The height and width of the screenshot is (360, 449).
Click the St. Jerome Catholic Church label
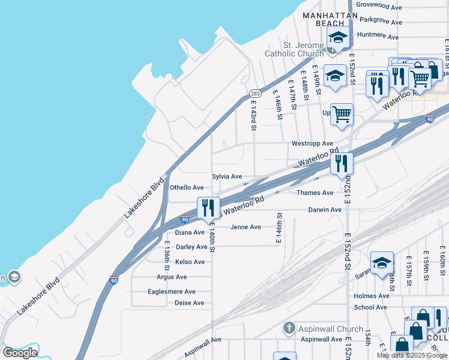(304, 49)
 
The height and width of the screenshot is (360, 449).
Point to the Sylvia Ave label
(227, 176)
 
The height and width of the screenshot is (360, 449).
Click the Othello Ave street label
(187, 188)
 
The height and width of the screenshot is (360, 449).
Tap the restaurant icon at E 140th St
(208, 208)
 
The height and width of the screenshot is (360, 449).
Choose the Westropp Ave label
(312, 143)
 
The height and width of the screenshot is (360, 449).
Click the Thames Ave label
(315, 193)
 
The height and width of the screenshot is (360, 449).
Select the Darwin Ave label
(325, 209)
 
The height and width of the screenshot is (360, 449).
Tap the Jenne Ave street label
(246, 227)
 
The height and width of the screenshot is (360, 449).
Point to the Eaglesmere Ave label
(172, 292)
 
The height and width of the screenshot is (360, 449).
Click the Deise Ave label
(190, 303)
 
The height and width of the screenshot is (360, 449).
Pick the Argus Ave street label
(172, 277)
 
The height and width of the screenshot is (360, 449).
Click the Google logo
(20, 352)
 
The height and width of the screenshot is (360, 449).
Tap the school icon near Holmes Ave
(382, 263)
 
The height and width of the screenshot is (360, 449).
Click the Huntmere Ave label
(378, 35)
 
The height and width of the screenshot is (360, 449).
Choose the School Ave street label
(370, 307)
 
